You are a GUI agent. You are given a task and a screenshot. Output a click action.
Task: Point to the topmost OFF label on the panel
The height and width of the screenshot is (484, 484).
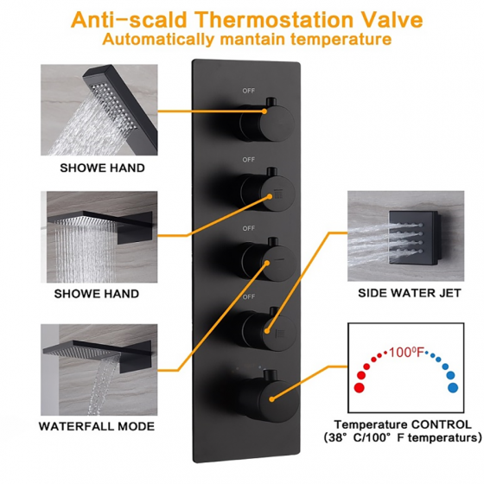point(248,89)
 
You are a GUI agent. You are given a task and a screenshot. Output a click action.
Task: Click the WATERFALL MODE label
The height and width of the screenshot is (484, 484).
point(97,426)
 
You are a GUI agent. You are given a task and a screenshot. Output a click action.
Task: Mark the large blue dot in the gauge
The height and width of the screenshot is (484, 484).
point(451,387)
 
